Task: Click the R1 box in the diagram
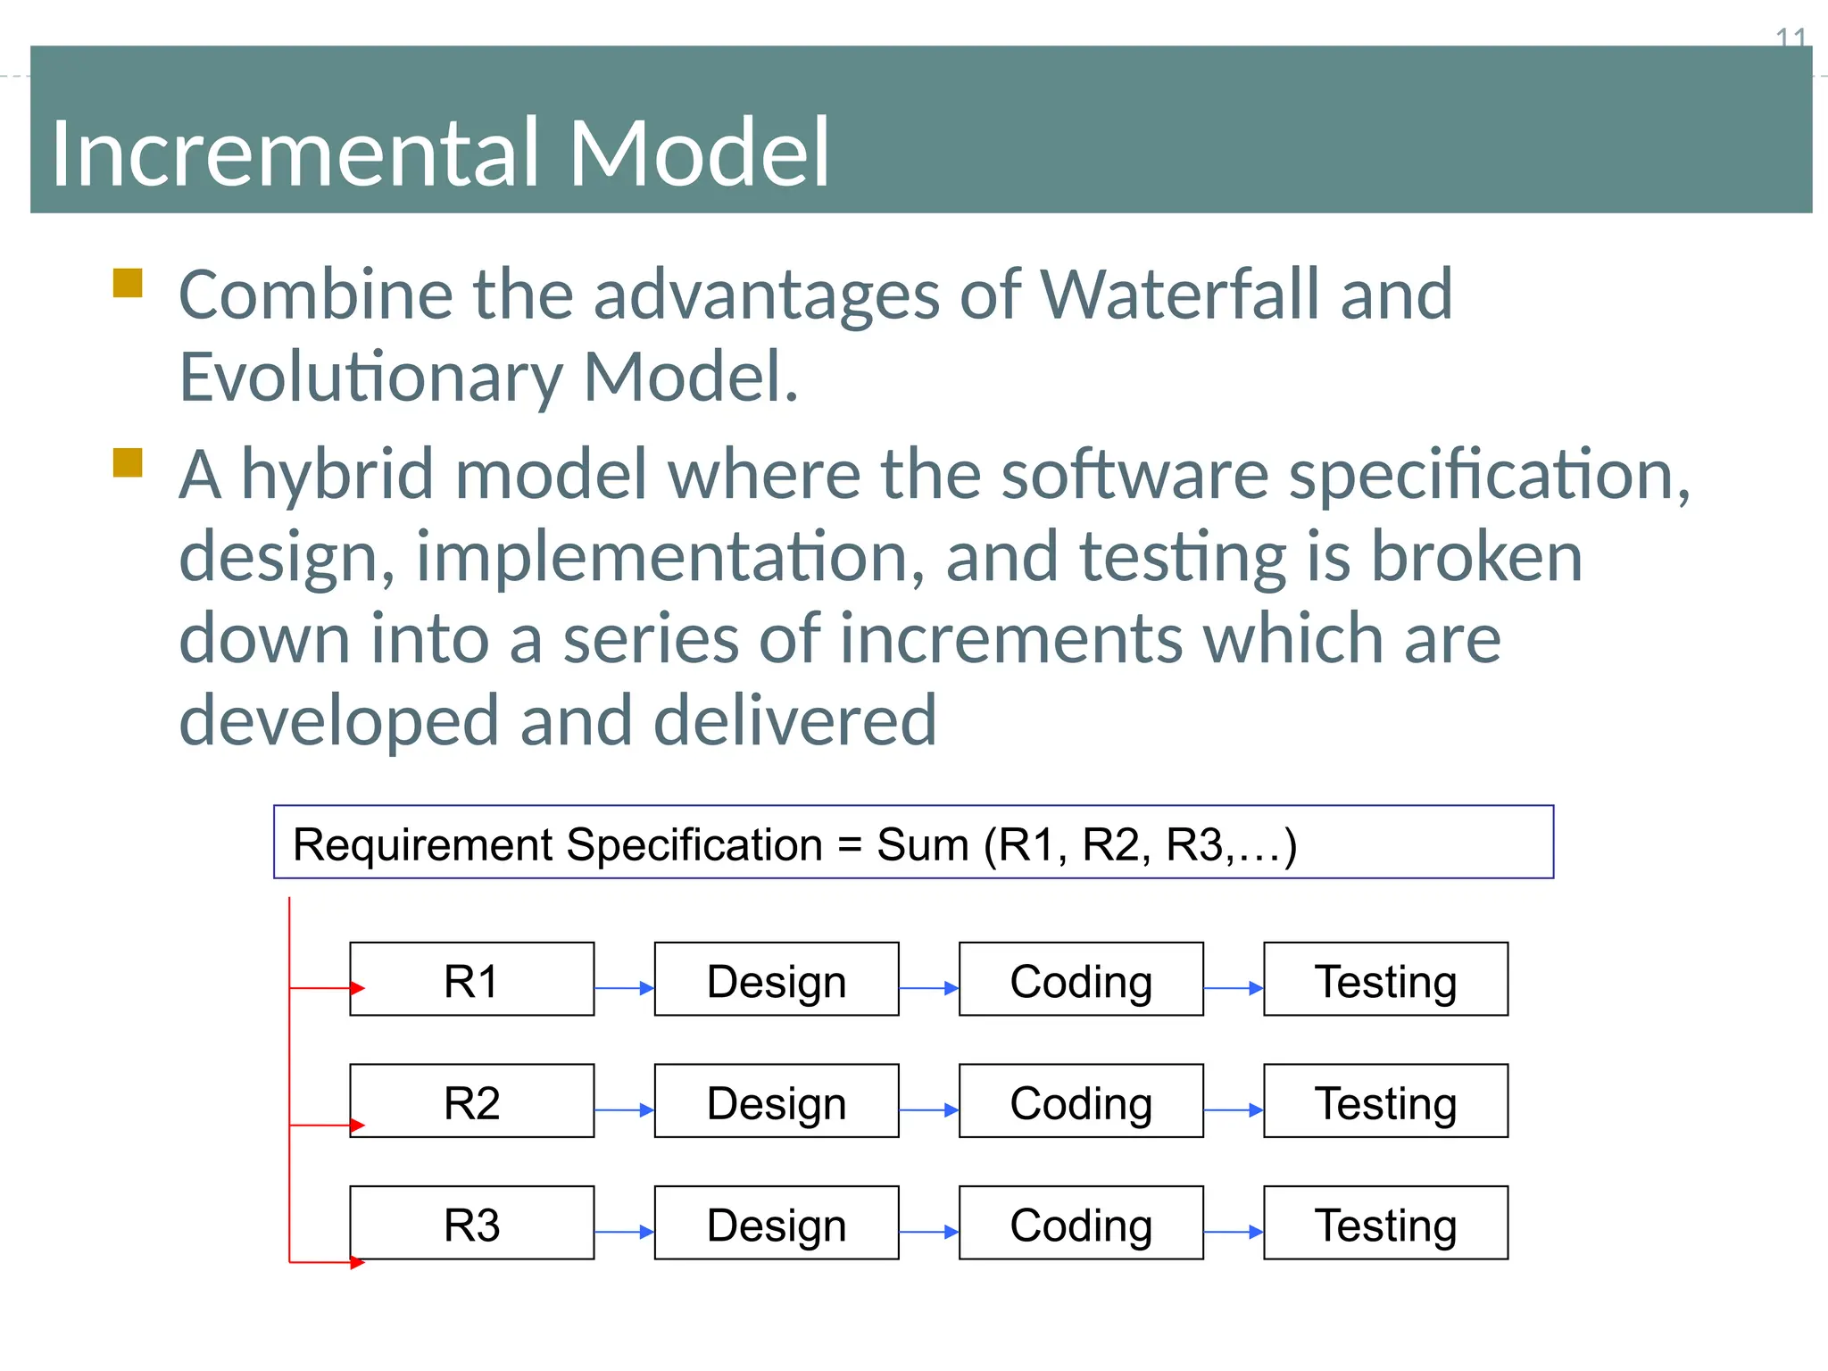coord(471,979)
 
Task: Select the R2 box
coord(471,1101)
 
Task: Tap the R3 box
coord(471,1222)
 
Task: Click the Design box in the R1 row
coord(776,979)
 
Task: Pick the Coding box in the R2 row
coord(1081,1101)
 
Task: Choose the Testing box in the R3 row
coord(1385,1222)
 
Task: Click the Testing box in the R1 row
coord(1385,979)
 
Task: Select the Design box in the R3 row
coord(776,1222)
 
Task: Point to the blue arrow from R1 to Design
coord(624,988)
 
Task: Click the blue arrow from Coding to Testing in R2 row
coord(1233,1110)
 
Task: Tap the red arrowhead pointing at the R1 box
coord(358,988)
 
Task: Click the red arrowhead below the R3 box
coord(358,1262)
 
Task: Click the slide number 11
coord(1791,37)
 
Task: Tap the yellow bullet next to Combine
coord(128,283)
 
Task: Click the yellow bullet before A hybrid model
coord(128,463)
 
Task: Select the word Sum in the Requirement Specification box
coord(922,844)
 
